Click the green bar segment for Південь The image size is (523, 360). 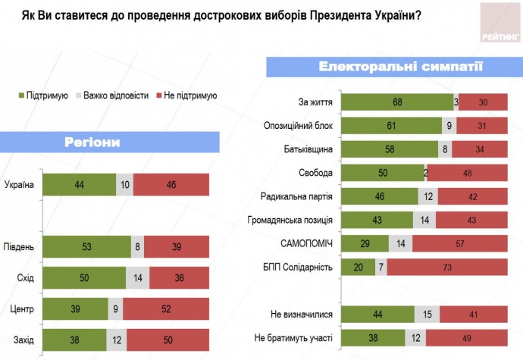point(87,246)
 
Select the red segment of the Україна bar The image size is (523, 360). point(171,184)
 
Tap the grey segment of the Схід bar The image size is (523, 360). point(137,277)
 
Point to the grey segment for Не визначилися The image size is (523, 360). point(427,314)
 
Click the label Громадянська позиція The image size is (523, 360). point(291,220)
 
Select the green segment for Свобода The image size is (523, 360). point(383,173)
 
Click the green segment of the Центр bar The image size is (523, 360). point(74,308)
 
